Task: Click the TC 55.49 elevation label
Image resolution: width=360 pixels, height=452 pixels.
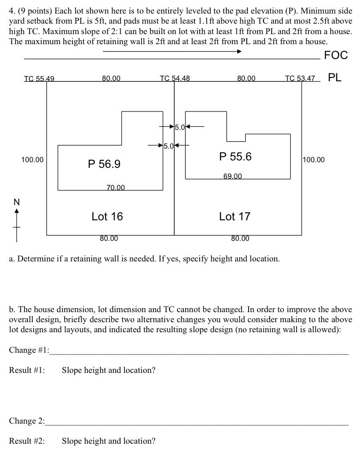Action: point(39,79)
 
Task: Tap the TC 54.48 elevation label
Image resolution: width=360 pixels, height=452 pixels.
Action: point(175,78)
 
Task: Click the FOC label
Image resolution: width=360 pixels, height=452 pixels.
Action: point(336,55)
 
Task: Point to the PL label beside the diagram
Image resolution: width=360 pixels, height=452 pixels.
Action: point(335,77)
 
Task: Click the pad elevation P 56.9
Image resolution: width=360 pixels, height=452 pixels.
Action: point(104,164)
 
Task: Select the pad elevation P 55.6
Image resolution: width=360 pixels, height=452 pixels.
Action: point(235,156)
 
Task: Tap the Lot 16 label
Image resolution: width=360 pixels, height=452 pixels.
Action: point(107,216)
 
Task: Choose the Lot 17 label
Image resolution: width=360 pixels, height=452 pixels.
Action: point(235,216)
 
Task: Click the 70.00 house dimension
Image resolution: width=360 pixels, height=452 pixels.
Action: point(115,188)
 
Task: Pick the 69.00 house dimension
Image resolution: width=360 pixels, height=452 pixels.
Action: point(232,176)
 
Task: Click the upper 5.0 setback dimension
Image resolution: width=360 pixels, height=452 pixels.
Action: point(180,128)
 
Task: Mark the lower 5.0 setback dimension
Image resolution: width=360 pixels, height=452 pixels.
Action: point(169,146)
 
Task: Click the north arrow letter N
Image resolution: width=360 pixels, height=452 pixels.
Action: point(17,202)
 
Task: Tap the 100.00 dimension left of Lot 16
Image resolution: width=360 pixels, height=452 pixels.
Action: point(32,160)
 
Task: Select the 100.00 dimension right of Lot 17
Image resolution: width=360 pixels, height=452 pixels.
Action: point(314,160)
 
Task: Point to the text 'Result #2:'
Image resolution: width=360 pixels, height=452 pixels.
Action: point(27,441)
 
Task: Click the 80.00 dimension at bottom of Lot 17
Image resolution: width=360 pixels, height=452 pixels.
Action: point(240,238)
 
